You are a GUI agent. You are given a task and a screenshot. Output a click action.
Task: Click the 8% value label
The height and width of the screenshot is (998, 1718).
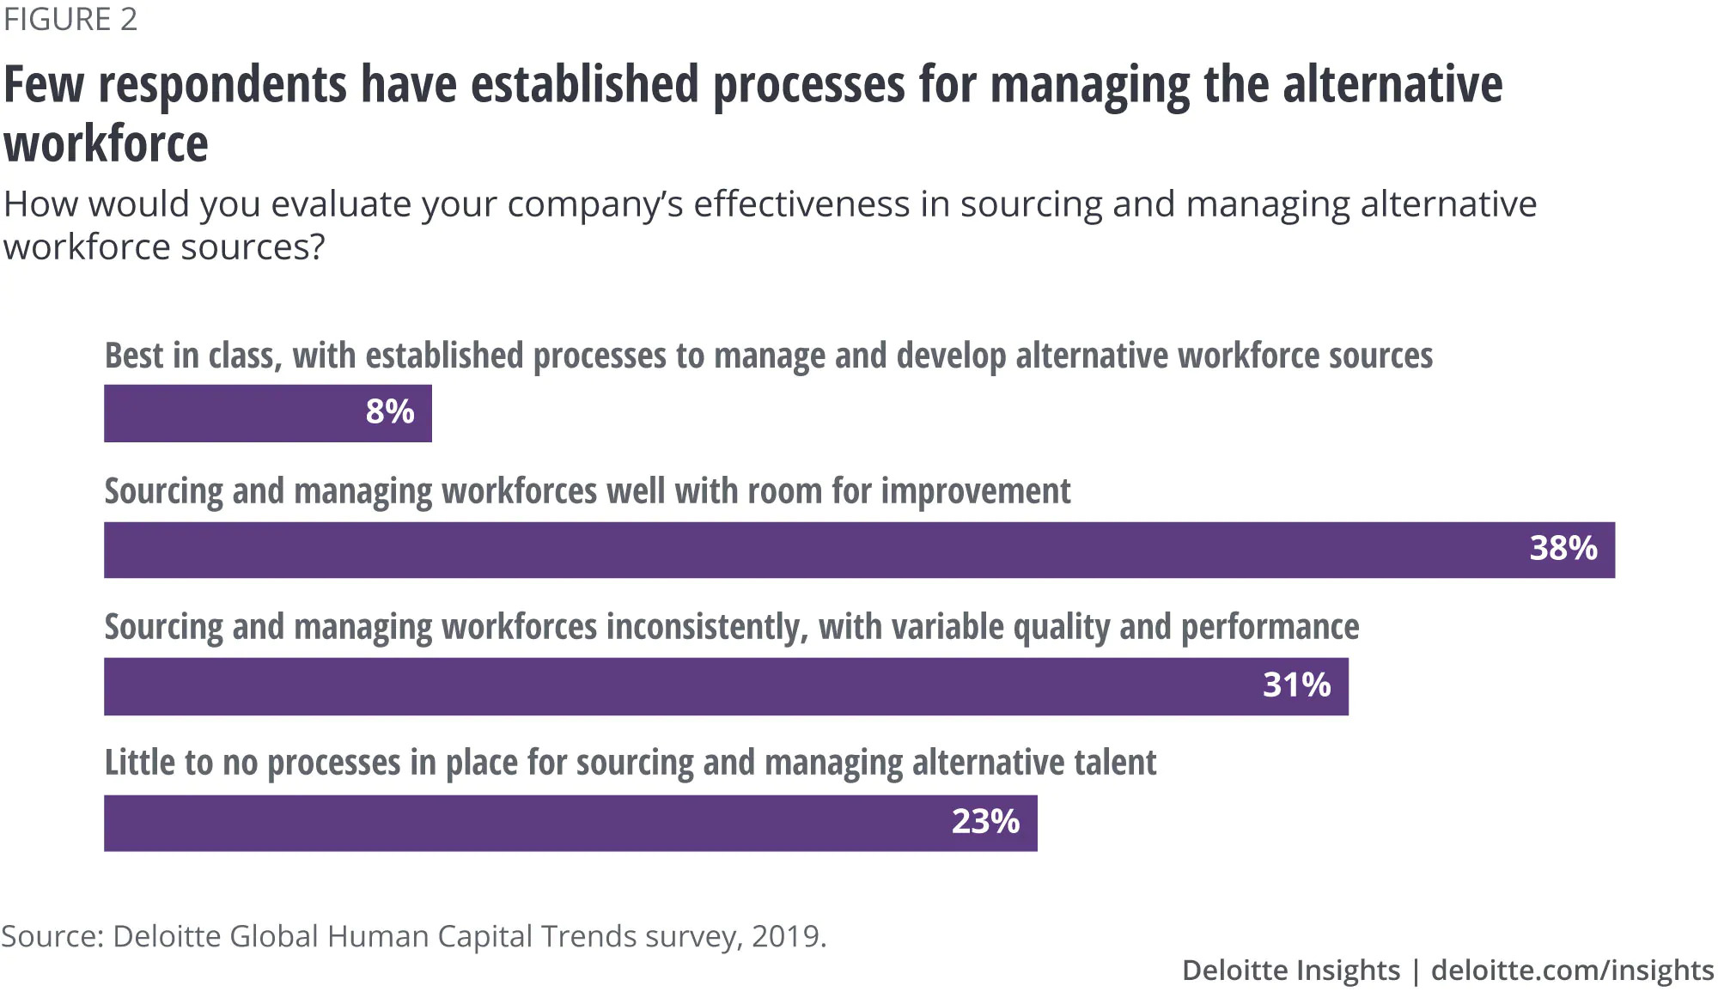390,412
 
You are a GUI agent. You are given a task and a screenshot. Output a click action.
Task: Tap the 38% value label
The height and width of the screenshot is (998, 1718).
1563,548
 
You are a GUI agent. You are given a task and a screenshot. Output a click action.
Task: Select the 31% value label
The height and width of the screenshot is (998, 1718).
1296,685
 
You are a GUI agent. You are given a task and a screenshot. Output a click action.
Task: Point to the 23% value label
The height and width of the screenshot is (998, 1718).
985,822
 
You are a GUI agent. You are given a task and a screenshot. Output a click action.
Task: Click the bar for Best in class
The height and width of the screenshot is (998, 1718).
268,413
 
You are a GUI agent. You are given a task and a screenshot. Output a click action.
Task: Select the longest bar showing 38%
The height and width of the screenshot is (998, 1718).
859,550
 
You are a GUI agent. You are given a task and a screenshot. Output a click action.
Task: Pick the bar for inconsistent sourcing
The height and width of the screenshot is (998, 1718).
726,686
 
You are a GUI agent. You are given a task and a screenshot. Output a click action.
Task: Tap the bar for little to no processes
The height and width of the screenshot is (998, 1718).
570,823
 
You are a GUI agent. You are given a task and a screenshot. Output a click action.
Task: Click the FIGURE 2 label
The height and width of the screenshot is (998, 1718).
70,20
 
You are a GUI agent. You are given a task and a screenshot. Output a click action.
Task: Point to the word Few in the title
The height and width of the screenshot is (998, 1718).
44,85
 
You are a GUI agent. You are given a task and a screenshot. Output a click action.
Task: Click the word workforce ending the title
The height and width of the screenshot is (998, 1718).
107,143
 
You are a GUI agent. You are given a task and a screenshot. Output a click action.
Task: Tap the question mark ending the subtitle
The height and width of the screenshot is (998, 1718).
316,247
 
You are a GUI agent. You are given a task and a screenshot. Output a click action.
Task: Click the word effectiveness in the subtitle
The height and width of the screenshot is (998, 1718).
801,204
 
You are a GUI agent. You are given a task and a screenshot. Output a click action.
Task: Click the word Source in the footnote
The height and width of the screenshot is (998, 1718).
50,936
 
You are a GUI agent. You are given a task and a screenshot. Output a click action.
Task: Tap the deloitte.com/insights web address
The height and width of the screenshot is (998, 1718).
1572,971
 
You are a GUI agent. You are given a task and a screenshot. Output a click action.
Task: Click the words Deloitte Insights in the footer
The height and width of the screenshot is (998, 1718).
1291,971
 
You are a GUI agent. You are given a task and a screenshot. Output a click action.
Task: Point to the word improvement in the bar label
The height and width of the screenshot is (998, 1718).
976,492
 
